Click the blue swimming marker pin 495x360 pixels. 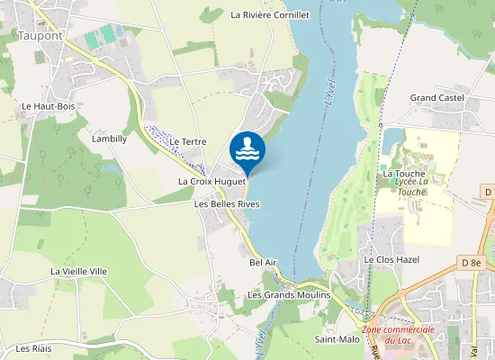pyautogui.click(x=247, y=149)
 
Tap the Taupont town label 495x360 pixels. pyautogui.click(x=40, y=36)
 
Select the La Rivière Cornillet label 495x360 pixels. pyautogui.click(x=270, y=15)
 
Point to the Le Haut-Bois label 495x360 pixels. pyautogui.click(x=48, y=106)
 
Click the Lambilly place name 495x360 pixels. pyautogui.click(x=109, y=139)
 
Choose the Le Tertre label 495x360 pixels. pyautogui.click(x=188, y=142)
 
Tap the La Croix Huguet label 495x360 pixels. pyautogui.click(x=212, y=182)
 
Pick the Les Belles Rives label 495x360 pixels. pyautogui.click(x=227, y=204)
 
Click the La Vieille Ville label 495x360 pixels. pyautogui.click(x=79, y=271)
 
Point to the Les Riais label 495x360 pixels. pyautogui.click(x=35, y=348)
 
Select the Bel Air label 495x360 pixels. pyautogui.click(x=263, y=262)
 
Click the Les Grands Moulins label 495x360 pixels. pyautogui.click(x=289, y=295)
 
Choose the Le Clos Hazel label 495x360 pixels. pyautogui.click(x=391, y=259)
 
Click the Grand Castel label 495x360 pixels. pyautogui.click(x=436, y=97)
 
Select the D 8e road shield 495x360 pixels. pyautogui.click(x=471, y=262)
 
